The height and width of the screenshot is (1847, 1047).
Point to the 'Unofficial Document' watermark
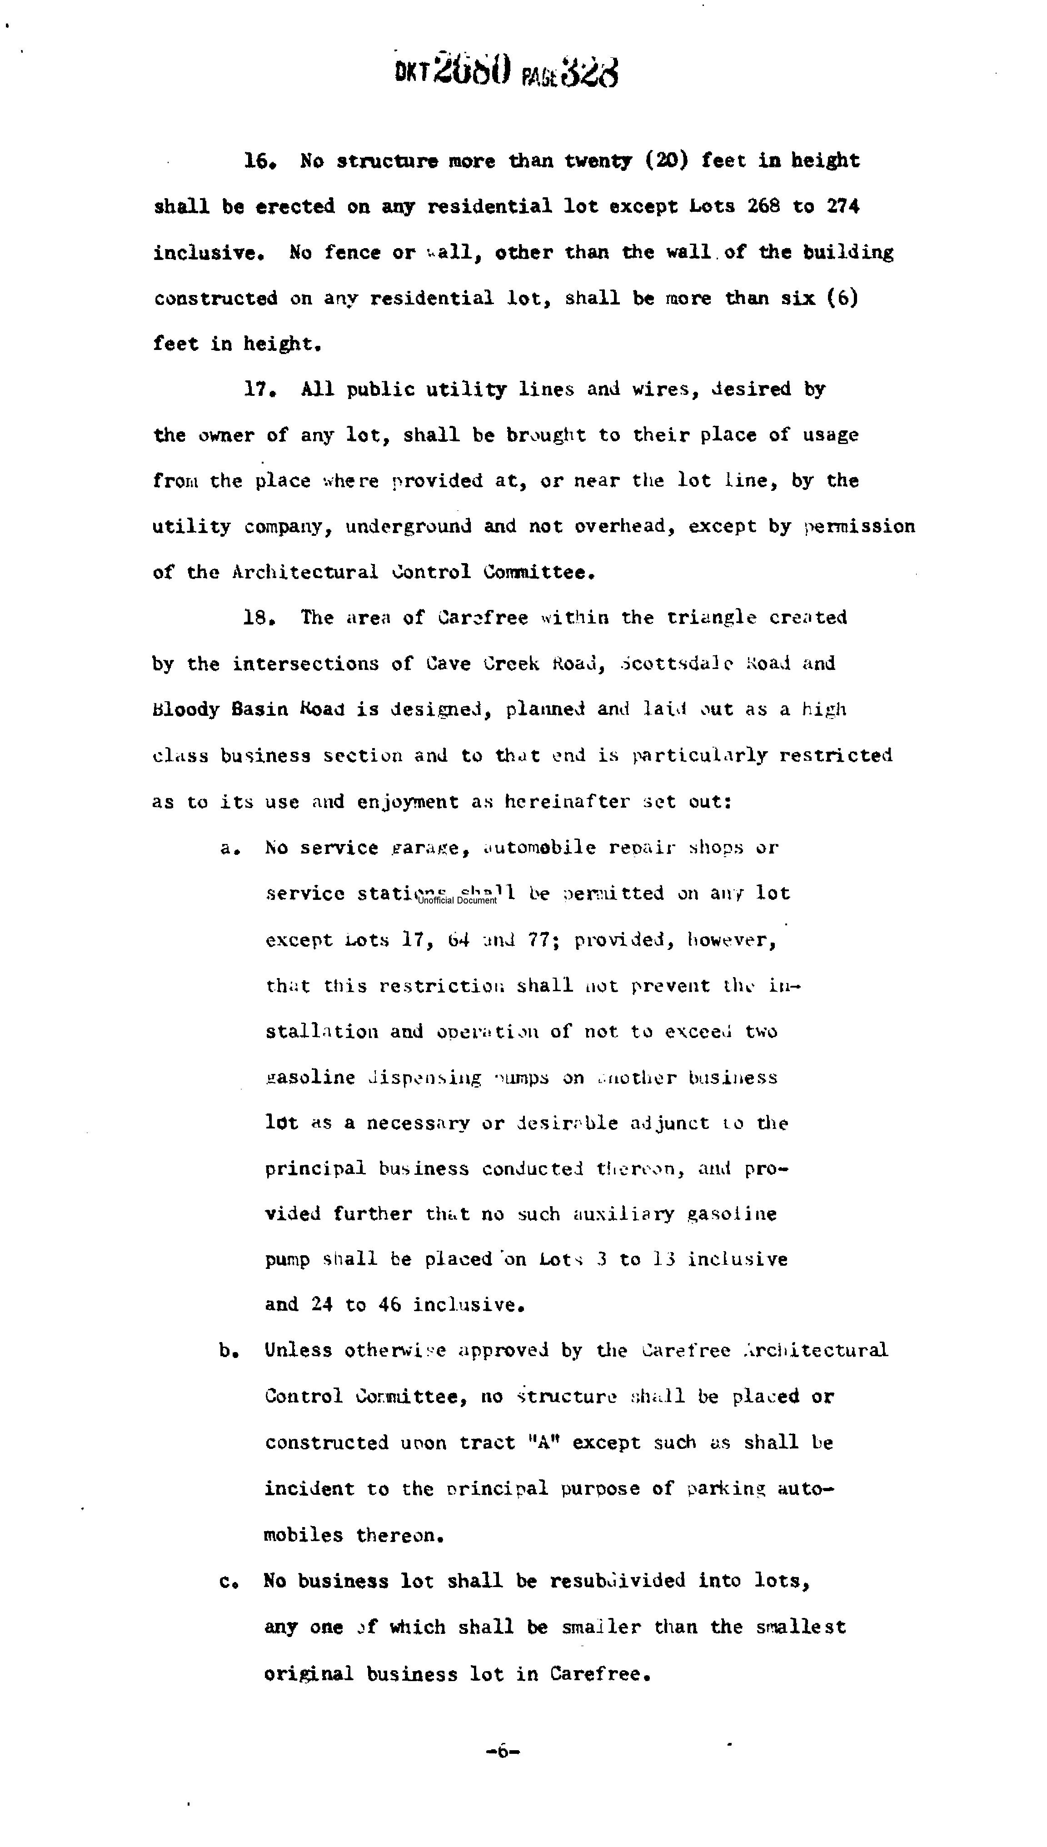click(x=457, y=900)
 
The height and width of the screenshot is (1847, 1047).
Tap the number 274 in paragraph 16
click(x=842, y=206)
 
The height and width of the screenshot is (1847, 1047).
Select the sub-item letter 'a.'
click(x=229, y=849)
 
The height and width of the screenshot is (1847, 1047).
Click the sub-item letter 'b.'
click(x=229, y=1351)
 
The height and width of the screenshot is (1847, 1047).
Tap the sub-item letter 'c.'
click(x=229, y=1581)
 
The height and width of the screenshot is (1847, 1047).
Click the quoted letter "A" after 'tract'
click(x=543, y=1443)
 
